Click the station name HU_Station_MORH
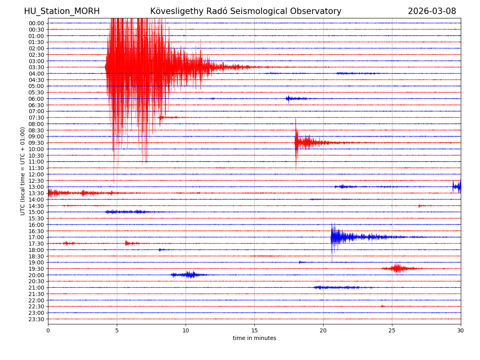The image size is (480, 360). pyautogui.click(x=62, y=11)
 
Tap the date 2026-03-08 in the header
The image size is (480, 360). pyautogui.click(x=432, y=11)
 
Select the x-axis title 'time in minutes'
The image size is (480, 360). pyautogui.click(x=254, y=338)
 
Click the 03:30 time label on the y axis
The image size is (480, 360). pyautogui.click(x=36, y=67)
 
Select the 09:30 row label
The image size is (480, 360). pyautogui.click(x=36, y=143)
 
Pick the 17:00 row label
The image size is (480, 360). pyautogui.click(x=36, y=237)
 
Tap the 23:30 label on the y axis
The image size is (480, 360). pyautogui.click(x=36, y=319)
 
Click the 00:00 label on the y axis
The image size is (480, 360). pyautogui.click(x=36, y=23)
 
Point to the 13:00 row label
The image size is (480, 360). pyautogui.click(x=36, y=187)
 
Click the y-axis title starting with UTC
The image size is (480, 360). pyautogui.click(x=23, y=171)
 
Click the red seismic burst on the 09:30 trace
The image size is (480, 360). pyautogui.click(x=304, y=142)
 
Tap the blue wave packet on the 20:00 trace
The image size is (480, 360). pyautogui.click(x=188, y=274)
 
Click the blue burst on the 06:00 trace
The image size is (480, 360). pyautogui.click(x=294, y=98)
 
